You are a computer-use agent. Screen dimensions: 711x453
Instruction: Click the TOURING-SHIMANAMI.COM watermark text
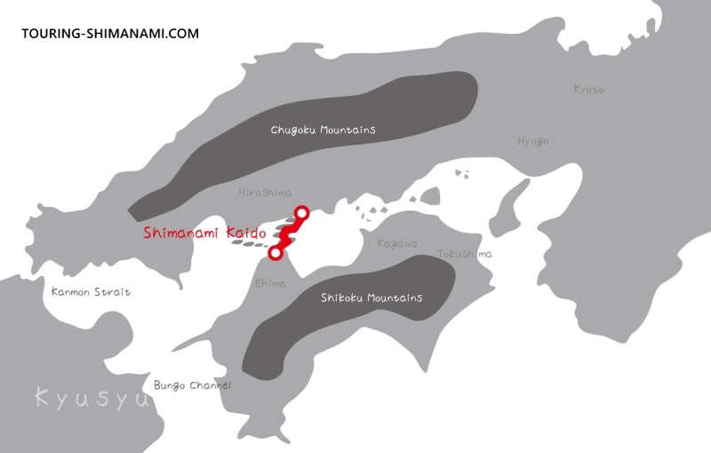tap(109, 34)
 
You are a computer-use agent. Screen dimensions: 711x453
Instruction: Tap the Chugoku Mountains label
tap(324, 130)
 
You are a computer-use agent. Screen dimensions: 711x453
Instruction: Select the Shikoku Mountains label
tap(371, 298)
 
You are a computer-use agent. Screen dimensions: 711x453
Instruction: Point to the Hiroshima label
tap(264, 193)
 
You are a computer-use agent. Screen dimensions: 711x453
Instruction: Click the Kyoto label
tap(588, 89)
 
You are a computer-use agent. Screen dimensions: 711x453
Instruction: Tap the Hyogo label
tap(533, 141)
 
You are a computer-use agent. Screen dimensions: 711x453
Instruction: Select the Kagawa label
tap(397, 242)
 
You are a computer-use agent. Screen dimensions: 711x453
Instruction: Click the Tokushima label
tap(464, 254)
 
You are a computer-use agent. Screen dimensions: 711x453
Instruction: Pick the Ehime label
tap(270, 283)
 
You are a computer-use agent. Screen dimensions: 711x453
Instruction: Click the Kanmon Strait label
tap(91, 291)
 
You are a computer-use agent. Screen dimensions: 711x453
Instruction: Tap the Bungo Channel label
tap(192, 385)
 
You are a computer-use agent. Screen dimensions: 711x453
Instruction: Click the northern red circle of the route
tap(301, 212)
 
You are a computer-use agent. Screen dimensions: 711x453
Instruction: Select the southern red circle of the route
tap(276, 253)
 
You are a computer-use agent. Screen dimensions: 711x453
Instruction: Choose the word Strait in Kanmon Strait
tap(113, 291)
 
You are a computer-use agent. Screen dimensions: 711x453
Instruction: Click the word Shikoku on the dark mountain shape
tap(342, 298)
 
